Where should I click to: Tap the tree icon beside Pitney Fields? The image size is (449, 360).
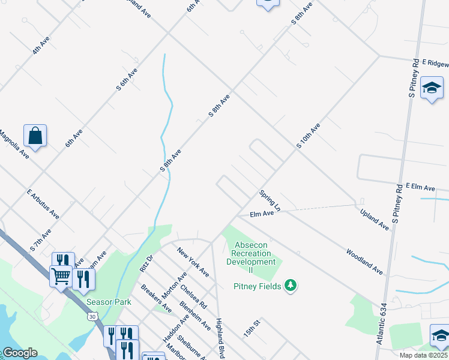click(x=291, y=285)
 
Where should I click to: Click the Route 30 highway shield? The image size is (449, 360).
click(x=91, y=316)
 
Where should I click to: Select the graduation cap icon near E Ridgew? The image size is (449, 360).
click(x=432, y=89)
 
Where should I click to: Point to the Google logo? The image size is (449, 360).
click(x=19, y=353)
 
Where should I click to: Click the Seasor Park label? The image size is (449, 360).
click(x=109, y=302)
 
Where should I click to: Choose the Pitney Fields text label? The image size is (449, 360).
click(x=257, y=286)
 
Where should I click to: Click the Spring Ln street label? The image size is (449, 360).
click(x=270, y=201)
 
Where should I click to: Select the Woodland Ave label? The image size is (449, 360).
click(x=364, y=262)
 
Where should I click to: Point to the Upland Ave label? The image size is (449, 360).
click(x=374, y=219)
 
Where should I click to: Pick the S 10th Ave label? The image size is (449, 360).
click(x=308, y=136)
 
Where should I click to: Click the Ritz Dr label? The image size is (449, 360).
click(x=146, y=263)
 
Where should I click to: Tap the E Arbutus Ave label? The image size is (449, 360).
click(x=43, y=204)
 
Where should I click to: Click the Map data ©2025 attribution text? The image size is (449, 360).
click(x=423, y=355)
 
